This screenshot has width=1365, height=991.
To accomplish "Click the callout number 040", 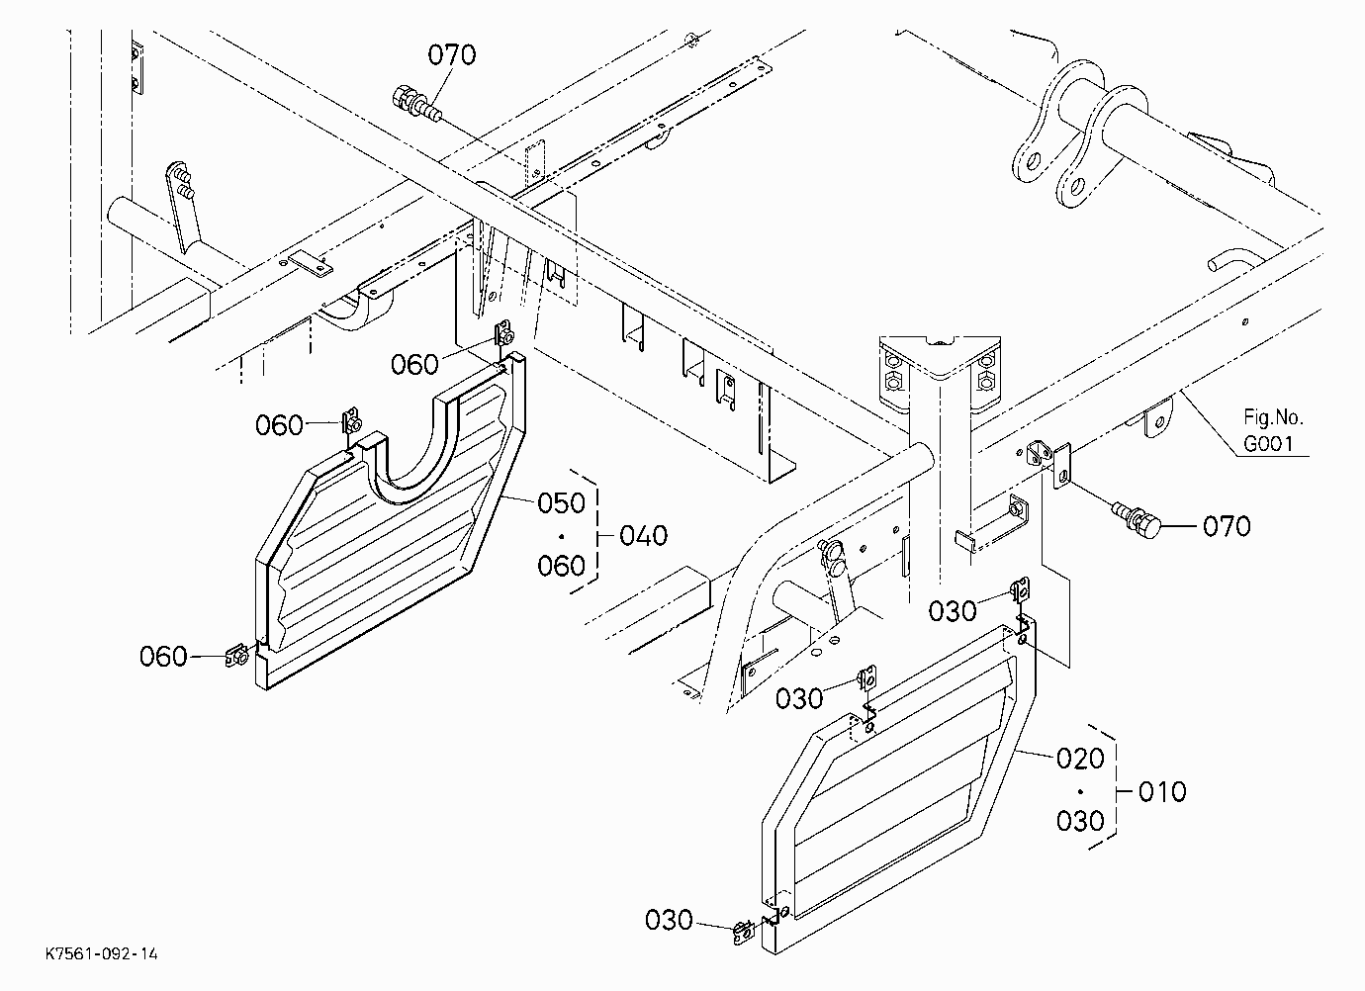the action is coord(644,536).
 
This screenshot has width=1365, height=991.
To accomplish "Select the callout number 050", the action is coord(561,503).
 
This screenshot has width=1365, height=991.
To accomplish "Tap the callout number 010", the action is coord(1162,791).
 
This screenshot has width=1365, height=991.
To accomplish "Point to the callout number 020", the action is coord(1080,759).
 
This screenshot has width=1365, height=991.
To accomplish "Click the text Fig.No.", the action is coord(1273,417).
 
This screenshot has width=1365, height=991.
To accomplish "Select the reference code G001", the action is coord(1268,444).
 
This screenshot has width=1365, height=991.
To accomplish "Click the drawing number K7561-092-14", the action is coord(102,953).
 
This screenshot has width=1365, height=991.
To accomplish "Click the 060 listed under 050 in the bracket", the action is coord(561,566).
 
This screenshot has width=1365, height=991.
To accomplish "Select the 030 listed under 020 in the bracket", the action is coord(1080,821).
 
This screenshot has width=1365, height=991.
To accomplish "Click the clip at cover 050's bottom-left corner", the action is coord(237,656).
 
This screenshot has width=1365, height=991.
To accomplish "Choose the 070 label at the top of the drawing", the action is coord(452,55).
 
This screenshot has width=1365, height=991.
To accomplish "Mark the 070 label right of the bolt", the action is coord(1227,526).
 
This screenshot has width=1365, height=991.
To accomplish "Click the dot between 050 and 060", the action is coord(561,536).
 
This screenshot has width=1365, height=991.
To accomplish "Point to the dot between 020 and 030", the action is coord(1080,791).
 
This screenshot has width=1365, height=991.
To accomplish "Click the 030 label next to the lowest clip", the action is coord(669,921).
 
